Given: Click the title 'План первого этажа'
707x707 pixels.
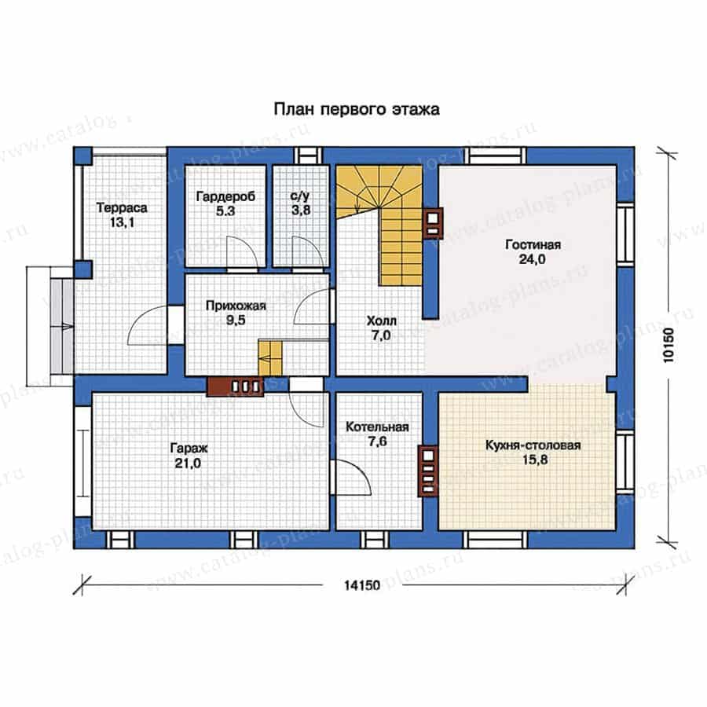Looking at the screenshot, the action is [357, 109].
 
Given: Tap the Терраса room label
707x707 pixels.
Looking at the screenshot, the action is [122, 208].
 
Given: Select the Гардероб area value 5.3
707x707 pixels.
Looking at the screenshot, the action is [225, 211].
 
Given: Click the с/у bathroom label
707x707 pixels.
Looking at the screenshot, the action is [300, 196].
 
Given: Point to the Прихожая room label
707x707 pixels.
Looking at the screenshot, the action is [236, 306].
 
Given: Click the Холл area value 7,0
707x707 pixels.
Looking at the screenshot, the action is [381, 335].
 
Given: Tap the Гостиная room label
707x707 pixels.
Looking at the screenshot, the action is [533, 244].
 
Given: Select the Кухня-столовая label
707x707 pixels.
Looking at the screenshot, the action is [533, 445].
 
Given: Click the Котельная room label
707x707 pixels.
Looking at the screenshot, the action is [377, 427].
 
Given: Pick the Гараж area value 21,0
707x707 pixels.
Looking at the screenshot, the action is [188, 463].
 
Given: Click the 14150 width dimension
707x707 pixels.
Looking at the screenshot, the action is [362, 585].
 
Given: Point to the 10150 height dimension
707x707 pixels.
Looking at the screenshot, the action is [669, 345].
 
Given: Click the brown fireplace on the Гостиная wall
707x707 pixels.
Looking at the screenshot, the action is [433, 223].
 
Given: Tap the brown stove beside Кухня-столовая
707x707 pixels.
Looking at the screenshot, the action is [428, 471].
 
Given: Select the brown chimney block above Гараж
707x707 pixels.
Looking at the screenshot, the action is [235, 386].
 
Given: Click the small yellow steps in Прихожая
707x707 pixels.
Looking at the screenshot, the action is [270, 358].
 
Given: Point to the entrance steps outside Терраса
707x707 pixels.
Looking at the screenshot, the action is [61, 325].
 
